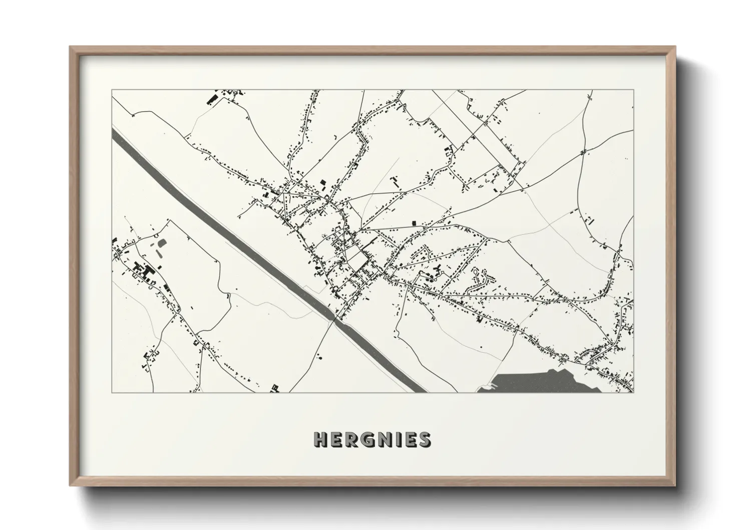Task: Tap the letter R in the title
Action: [x=350, y=439]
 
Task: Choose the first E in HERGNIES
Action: [x=335, y=439]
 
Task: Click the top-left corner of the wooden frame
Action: [x=70, y=47]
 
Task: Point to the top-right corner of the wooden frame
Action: [x=676, y=47]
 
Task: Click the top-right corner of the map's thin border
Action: [x=633, y=90]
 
